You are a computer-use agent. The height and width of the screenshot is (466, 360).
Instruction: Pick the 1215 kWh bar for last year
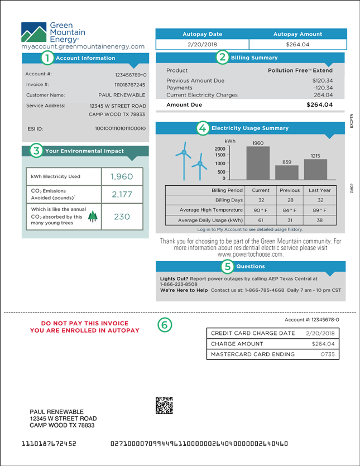[315, 169]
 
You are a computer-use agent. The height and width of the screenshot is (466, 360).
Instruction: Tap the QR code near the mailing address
[164, 405]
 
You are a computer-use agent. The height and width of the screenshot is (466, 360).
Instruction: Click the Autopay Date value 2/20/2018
[201, 45]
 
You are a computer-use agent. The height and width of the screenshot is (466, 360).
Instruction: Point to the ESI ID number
[120, 128]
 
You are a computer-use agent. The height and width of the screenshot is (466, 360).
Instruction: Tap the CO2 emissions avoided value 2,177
[122, 194]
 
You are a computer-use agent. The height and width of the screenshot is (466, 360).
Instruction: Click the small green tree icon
[92, 217]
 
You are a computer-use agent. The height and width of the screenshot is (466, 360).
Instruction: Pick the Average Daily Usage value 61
[261, 220]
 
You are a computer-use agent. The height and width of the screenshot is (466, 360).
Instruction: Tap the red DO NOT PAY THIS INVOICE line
[84, 323]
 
